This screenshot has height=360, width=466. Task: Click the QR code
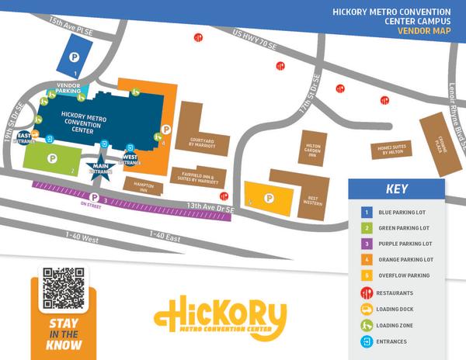pos(64,287)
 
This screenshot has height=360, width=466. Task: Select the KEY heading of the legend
pos(396,189)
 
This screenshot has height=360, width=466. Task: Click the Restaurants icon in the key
pos(366,293)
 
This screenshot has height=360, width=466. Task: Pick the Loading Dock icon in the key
pos(366,310)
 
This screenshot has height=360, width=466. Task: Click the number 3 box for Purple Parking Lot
pos(366,244)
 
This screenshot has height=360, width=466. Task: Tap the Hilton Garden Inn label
pos(313,149)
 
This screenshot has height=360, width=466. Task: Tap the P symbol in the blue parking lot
pos(75,56)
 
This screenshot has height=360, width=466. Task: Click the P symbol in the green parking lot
pos(52,158)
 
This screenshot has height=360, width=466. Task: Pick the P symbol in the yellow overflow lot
pos(269,198)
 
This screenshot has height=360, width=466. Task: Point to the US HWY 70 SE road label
pos(255,40)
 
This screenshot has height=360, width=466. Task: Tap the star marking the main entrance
pos(100,173)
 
